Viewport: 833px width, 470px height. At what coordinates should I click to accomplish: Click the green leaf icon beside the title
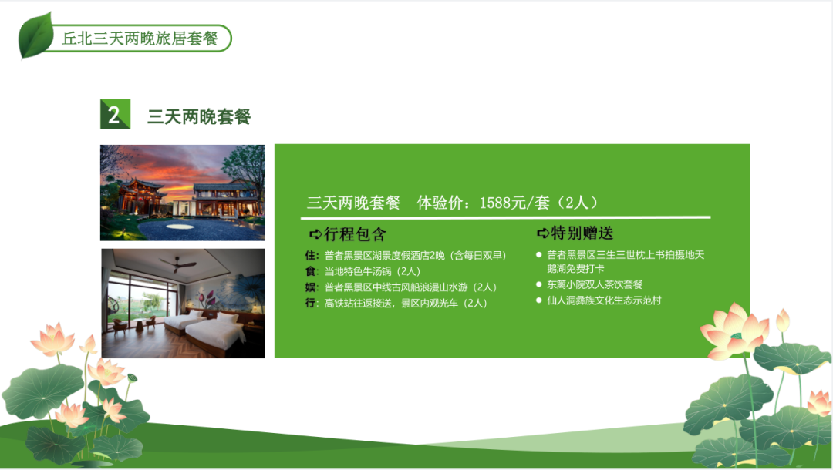[x=35, y=35]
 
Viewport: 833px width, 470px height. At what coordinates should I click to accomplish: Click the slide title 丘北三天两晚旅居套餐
[x=140, y=39]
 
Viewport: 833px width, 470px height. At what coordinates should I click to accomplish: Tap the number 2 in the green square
[x=113, y=115]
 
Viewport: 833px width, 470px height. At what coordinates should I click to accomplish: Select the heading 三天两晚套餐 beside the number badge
[x=199, y=116]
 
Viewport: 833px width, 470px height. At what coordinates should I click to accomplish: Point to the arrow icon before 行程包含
[x=315, y=234]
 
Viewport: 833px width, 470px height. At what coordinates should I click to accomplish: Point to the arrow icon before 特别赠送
[x=543, y=233]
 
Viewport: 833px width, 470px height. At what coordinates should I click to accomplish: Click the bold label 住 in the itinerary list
[x=311, y=256]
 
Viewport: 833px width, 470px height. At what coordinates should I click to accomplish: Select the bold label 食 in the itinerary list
[x=311, y=272]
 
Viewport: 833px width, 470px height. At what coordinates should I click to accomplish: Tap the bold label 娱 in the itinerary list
[x=311, y=287]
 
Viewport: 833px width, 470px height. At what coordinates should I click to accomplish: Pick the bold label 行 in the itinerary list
[x=311, y=304]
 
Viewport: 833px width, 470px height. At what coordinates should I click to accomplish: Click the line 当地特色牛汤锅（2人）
[x=373, y=272]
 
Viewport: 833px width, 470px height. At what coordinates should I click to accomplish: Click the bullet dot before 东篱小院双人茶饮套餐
[x=538, y=284]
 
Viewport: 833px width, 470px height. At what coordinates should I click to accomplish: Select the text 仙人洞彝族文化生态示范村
[x=604, y=300]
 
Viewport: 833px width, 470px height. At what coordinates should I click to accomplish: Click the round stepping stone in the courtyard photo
[x=179, y=227]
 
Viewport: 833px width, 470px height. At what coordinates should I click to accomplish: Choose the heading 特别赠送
[x=582, y=233]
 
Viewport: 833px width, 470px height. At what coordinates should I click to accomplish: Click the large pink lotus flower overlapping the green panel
[x=734, y=331]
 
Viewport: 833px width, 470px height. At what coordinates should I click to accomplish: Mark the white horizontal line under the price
[x=506, y=217]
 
